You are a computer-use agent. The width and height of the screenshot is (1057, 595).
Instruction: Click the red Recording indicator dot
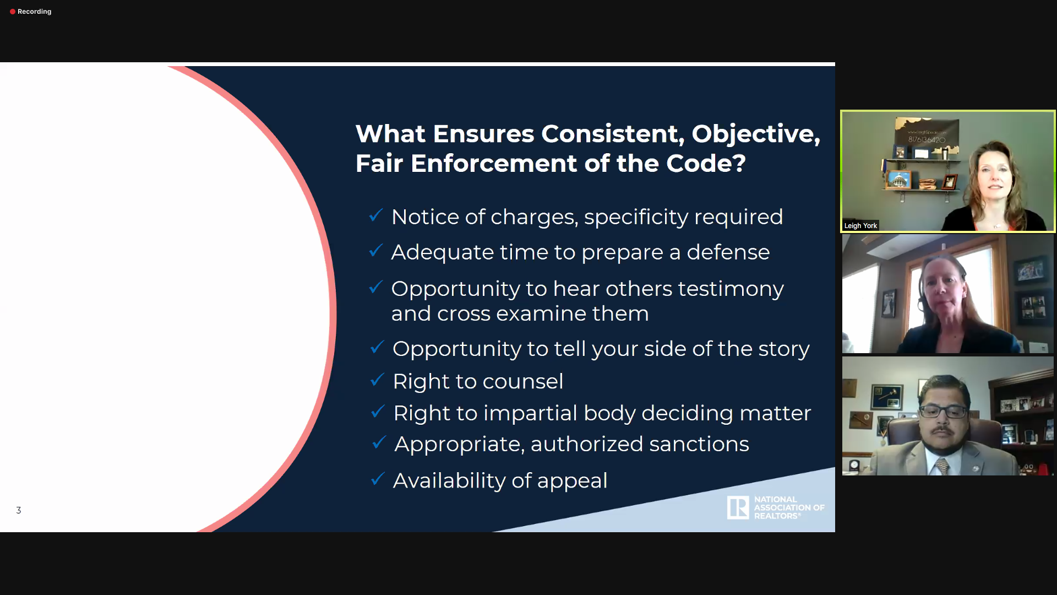(x=13, y=12)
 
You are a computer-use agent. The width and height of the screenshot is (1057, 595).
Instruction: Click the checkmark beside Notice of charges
(x=376, y=215)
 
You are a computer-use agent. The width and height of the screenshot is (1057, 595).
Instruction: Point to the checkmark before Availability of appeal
(x=378, y=478)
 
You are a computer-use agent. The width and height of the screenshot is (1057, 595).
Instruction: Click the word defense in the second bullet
(x=728, y=252)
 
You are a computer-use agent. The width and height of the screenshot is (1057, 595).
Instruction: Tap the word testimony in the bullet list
(x=731, y=289)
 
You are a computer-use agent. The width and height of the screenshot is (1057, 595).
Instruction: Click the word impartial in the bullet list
(x=530, y=414)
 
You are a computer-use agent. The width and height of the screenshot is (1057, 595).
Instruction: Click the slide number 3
(x=19, y=510)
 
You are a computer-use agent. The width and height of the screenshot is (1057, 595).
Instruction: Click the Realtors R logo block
(x=738, y=507)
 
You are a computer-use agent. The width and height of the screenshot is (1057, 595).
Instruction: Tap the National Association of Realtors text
(x=789, y=507)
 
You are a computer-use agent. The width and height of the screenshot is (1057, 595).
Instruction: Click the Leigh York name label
(x=860, y=225)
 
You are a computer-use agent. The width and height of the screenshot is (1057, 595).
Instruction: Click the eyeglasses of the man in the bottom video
(x=943, y=411)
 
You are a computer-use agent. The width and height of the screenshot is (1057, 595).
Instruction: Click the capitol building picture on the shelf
(x=900, y=180)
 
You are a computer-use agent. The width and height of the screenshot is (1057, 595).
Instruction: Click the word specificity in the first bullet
(x=636, y=218)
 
